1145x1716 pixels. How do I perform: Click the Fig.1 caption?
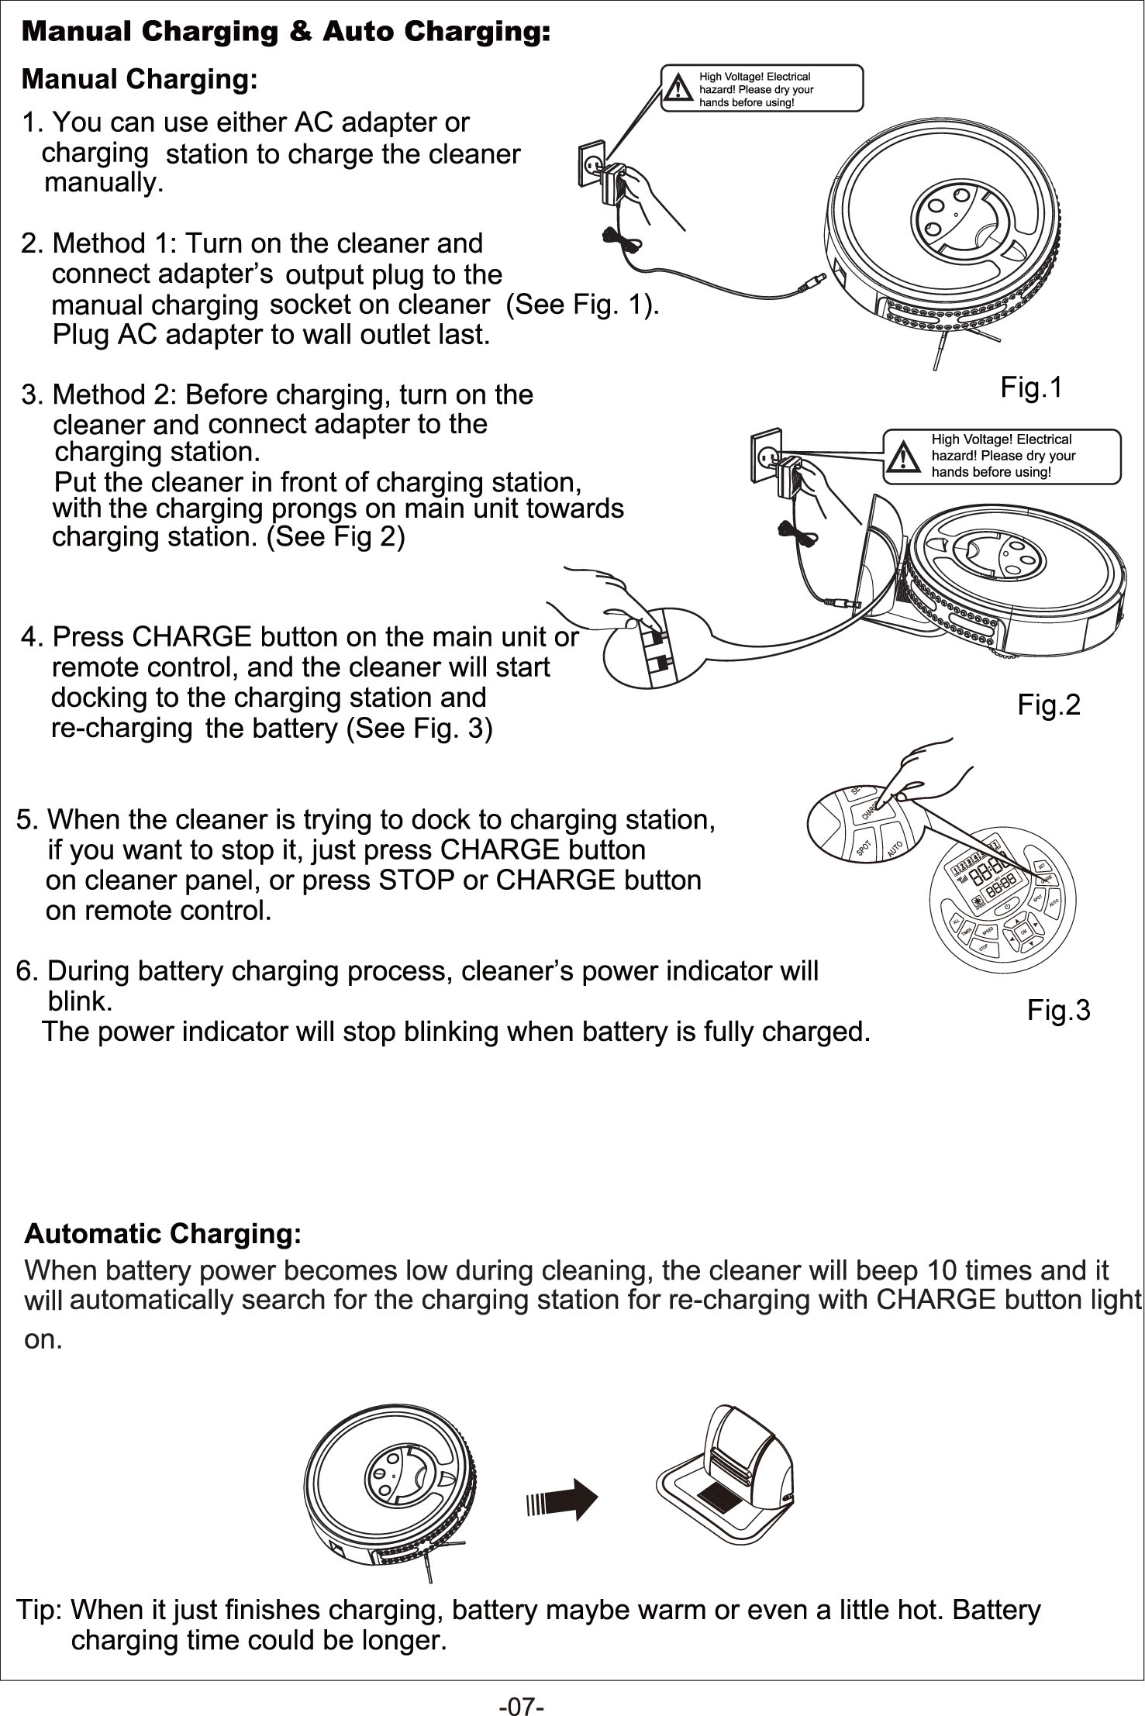click(1030, 388)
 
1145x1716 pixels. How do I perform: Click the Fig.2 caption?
click(1048, 705)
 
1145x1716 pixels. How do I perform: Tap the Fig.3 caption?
click(1058, 1011)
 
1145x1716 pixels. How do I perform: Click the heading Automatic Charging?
click(163, 1233)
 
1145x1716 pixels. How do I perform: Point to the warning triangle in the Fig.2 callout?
click(902, 458)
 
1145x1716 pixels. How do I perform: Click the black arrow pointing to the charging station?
click(562, 1500)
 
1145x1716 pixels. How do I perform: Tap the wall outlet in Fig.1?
click(590, 163)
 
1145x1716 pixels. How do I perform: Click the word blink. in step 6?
click(81, 1002)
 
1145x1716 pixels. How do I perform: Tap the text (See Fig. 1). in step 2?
click(582, 305)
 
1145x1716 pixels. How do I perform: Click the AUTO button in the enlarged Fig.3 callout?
click(896, 846)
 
